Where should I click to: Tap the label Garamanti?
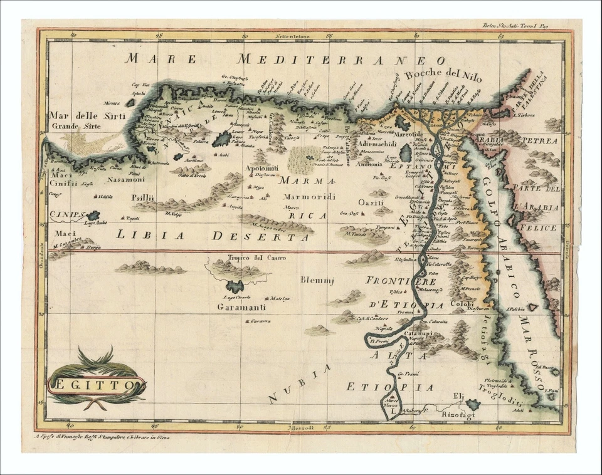click(241, 307)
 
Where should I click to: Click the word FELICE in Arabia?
click(536, 227)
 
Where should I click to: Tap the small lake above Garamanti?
click(235, 287)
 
